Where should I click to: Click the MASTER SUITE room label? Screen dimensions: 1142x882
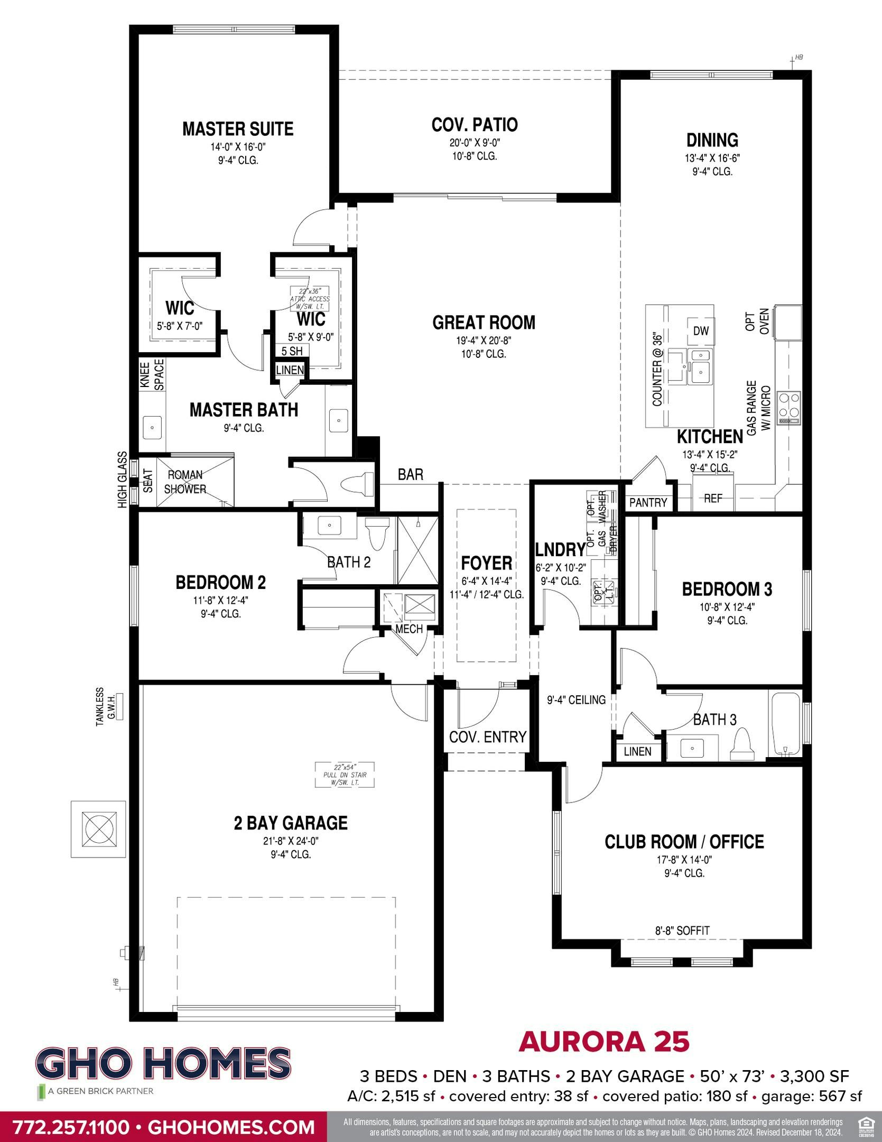(x=238, y=129)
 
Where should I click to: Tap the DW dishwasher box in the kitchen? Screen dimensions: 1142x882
(x=701, y=331)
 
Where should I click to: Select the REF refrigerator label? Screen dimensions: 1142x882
(x=713, y=499)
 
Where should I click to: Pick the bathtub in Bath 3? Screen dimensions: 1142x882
(x=787, y=725)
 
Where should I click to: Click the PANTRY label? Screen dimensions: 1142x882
(x=648, y=503)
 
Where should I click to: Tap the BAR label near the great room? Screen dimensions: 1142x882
(x=411, y=474)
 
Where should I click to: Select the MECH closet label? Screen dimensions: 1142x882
(x=409, y=629)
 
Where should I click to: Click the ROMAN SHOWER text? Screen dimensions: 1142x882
(x=185, y=482)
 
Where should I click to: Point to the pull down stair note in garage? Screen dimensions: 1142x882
(x=345, y=775)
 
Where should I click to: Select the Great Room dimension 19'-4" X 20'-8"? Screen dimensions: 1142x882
(x=484, y=340)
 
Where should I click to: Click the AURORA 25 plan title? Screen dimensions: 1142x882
(x=604, y=1042)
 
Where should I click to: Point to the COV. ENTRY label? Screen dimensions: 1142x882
(x=487, y=736)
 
